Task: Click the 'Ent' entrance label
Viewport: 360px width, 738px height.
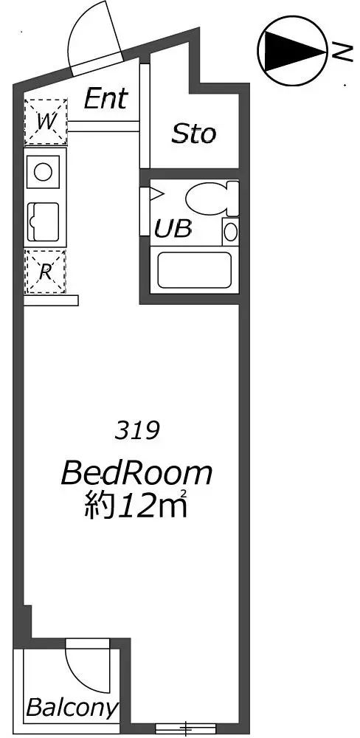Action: (105, 99)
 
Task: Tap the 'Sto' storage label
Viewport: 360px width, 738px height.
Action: (193, 134)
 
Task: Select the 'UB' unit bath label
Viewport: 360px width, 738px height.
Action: (173, 229)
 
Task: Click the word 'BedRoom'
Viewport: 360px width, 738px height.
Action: (136, 474)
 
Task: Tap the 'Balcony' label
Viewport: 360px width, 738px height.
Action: (72, 708)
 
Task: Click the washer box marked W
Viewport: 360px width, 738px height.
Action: (45, 122)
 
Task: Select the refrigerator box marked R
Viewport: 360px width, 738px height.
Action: (45, 272)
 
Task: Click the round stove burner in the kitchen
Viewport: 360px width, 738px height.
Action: (43, 172)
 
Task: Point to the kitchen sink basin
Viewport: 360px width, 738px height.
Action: (44, 221)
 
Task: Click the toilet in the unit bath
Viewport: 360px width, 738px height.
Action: (212, 198)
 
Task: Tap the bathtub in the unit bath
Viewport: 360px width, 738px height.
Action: (194, 269)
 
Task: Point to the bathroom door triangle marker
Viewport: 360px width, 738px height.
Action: (156, 193)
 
